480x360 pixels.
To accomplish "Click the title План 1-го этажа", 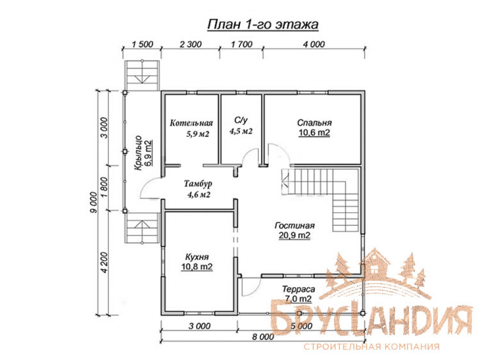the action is tap(263, 24).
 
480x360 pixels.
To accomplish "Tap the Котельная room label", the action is tap(192, 123).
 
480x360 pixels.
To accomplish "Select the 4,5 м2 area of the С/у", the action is tap(241, 132).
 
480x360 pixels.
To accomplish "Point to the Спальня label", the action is tap(314, 123).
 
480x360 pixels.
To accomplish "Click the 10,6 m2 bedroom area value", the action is tap(314, 132).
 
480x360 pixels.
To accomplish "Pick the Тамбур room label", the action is tap(198, 184).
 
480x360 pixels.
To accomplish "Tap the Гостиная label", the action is tap(295, 226).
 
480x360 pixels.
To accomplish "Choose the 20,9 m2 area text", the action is tap(295, 235).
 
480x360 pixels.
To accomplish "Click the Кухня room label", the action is tap(197, 257).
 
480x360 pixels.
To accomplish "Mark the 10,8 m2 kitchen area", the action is tap(197, 267).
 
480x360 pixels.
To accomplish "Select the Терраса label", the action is tap(299, 289).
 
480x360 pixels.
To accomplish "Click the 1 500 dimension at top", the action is tap(143, 44).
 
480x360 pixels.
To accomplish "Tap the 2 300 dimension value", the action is tap(191, 44).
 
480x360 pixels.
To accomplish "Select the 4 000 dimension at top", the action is tap(314, 44).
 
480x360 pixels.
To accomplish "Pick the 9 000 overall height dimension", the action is tap(94, 203).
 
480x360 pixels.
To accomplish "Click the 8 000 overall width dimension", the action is tap(263, 337).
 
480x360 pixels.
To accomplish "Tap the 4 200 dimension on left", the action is tap(104, 263).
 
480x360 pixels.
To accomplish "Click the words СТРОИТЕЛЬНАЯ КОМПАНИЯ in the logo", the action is tap(372, 347).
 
